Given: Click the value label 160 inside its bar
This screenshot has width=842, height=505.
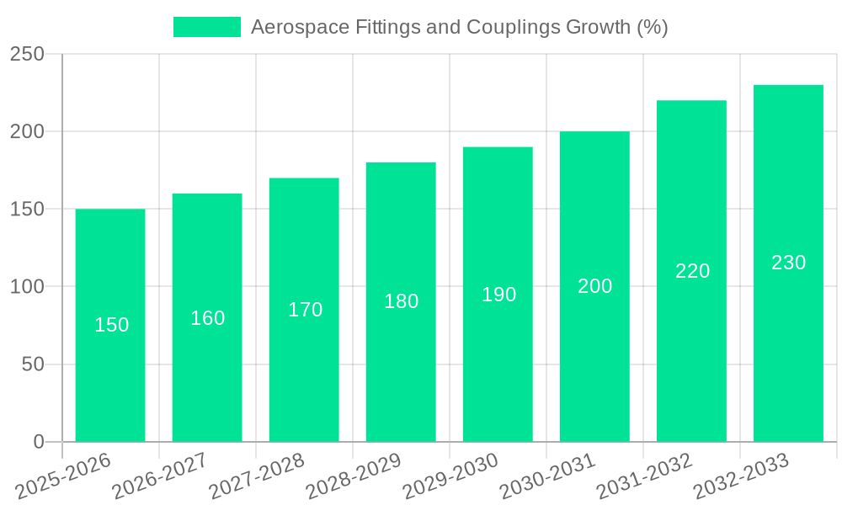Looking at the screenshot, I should [x=207, y=318].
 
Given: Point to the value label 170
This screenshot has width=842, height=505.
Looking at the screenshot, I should [x=305, y=310].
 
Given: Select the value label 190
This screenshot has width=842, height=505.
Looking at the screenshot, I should [x=498, y=295].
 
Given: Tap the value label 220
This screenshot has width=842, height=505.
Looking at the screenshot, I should [x=692, y=271].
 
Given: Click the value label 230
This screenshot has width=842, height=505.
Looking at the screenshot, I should [x=788, y=263].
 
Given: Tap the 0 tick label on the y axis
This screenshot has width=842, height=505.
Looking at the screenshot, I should [x=39, y=442].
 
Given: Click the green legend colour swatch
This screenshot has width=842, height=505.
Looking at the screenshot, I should [x=206, y=27].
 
